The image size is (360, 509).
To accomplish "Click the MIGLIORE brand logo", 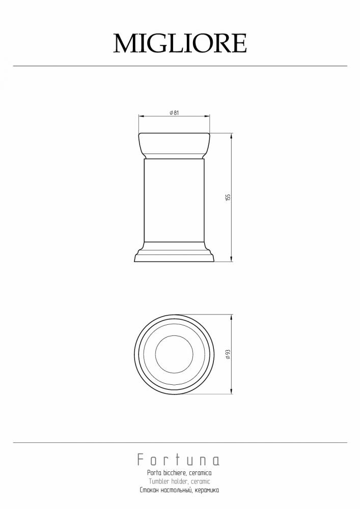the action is (180, 43).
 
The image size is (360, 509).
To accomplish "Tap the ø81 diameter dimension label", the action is (174, 113).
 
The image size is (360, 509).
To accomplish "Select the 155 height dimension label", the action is (228, 197).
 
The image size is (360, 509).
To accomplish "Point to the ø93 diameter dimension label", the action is (228, 354).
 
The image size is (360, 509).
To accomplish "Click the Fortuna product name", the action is (178, 460).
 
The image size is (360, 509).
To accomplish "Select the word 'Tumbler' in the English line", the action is (159, 482).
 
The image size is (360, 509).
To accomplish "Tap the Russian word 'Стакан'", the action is (149, 490).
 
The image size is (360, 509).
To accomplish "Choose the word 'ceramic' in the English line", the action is (200, 482).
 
